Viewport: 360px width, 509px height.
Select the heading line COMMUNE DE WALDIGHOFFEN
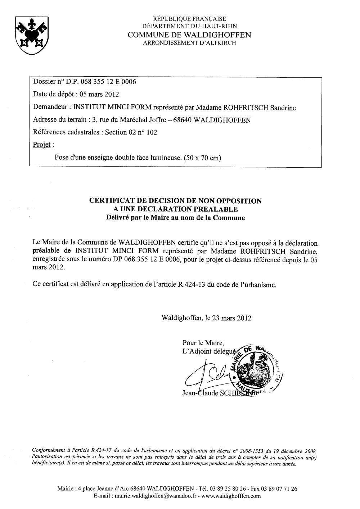tap(190, 35)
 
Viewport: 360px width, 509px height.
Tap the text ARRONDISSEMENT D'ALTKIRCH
tap(190, 43)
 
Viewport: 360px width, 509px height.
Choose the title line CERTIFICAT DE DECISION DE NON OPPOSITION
tap(175, 201)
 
